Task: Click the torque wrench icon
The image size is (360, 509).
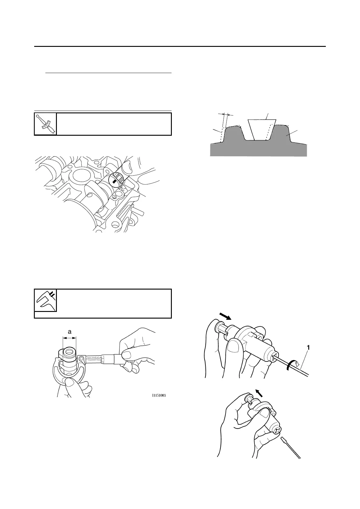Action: tap(45, 124)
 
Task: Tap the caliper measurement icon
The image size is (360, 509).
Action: tap(45, 300)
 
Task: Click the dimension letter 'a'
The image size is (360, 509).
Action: tap(70, 332)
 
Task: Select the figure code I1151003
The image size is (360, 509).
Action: tap(159, 395)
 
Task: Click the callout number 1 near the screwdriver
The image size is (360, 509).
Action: tap(308, 348)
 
